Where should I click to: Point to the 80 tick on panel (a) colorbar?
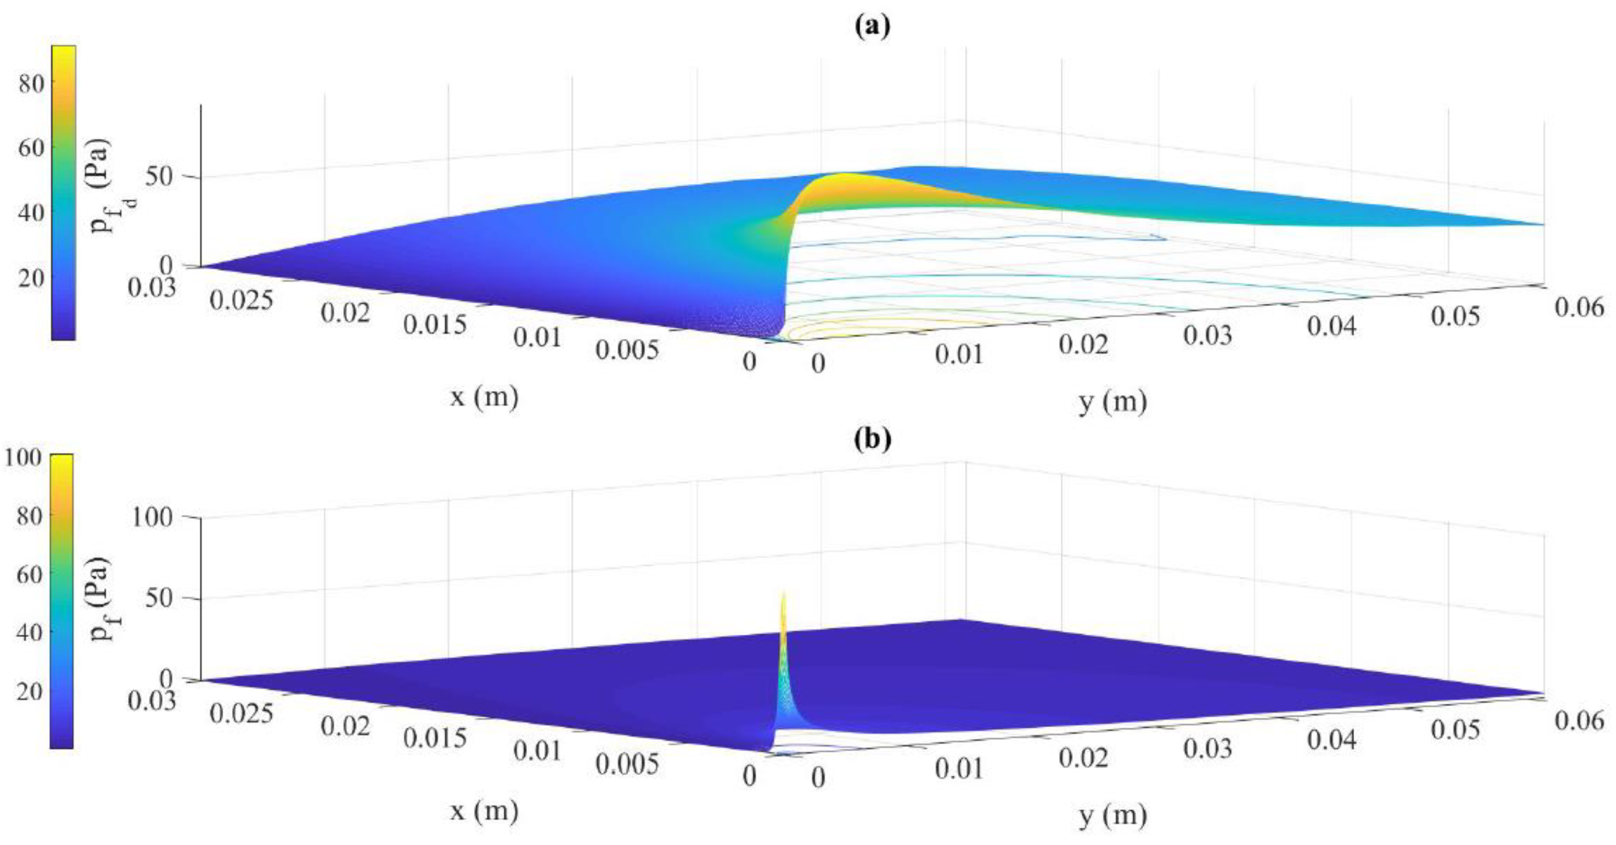click(x=31, y=83)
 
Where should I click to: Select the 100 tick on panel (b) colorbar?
click(x=23, y=457)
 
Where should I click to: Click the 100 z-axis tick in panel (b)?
click(x=152, y=517)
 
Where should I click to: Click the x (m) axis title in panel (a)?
click(x=484, y=397)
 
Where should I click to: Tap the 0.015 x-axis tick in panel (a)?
click(x=435, y=325)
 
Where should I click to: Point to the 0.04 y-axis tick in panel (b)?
click(x=1332, y=741)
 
